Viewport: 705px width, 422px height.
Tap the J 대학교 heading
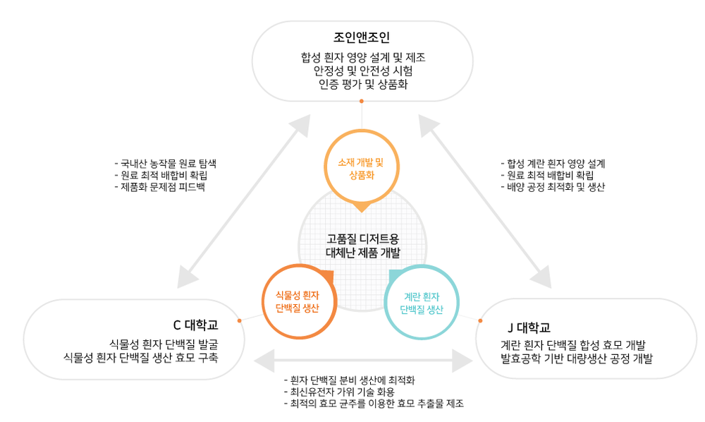[x=528, y=327]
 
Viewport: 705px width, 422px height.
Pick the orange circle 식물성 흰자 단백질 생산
[x=296, y=301]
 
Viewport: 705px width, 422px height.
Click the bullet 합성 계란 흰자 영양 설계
[x=553, y=163]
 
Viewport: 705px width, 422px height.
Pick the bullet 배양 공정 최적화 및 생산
[x=553, y=187]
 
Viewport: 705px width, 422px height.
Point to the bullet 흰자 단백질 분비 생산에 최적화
[x=352, y=380]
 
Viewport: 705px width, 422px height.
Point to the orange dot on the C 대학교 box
[x=240, y=320]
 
